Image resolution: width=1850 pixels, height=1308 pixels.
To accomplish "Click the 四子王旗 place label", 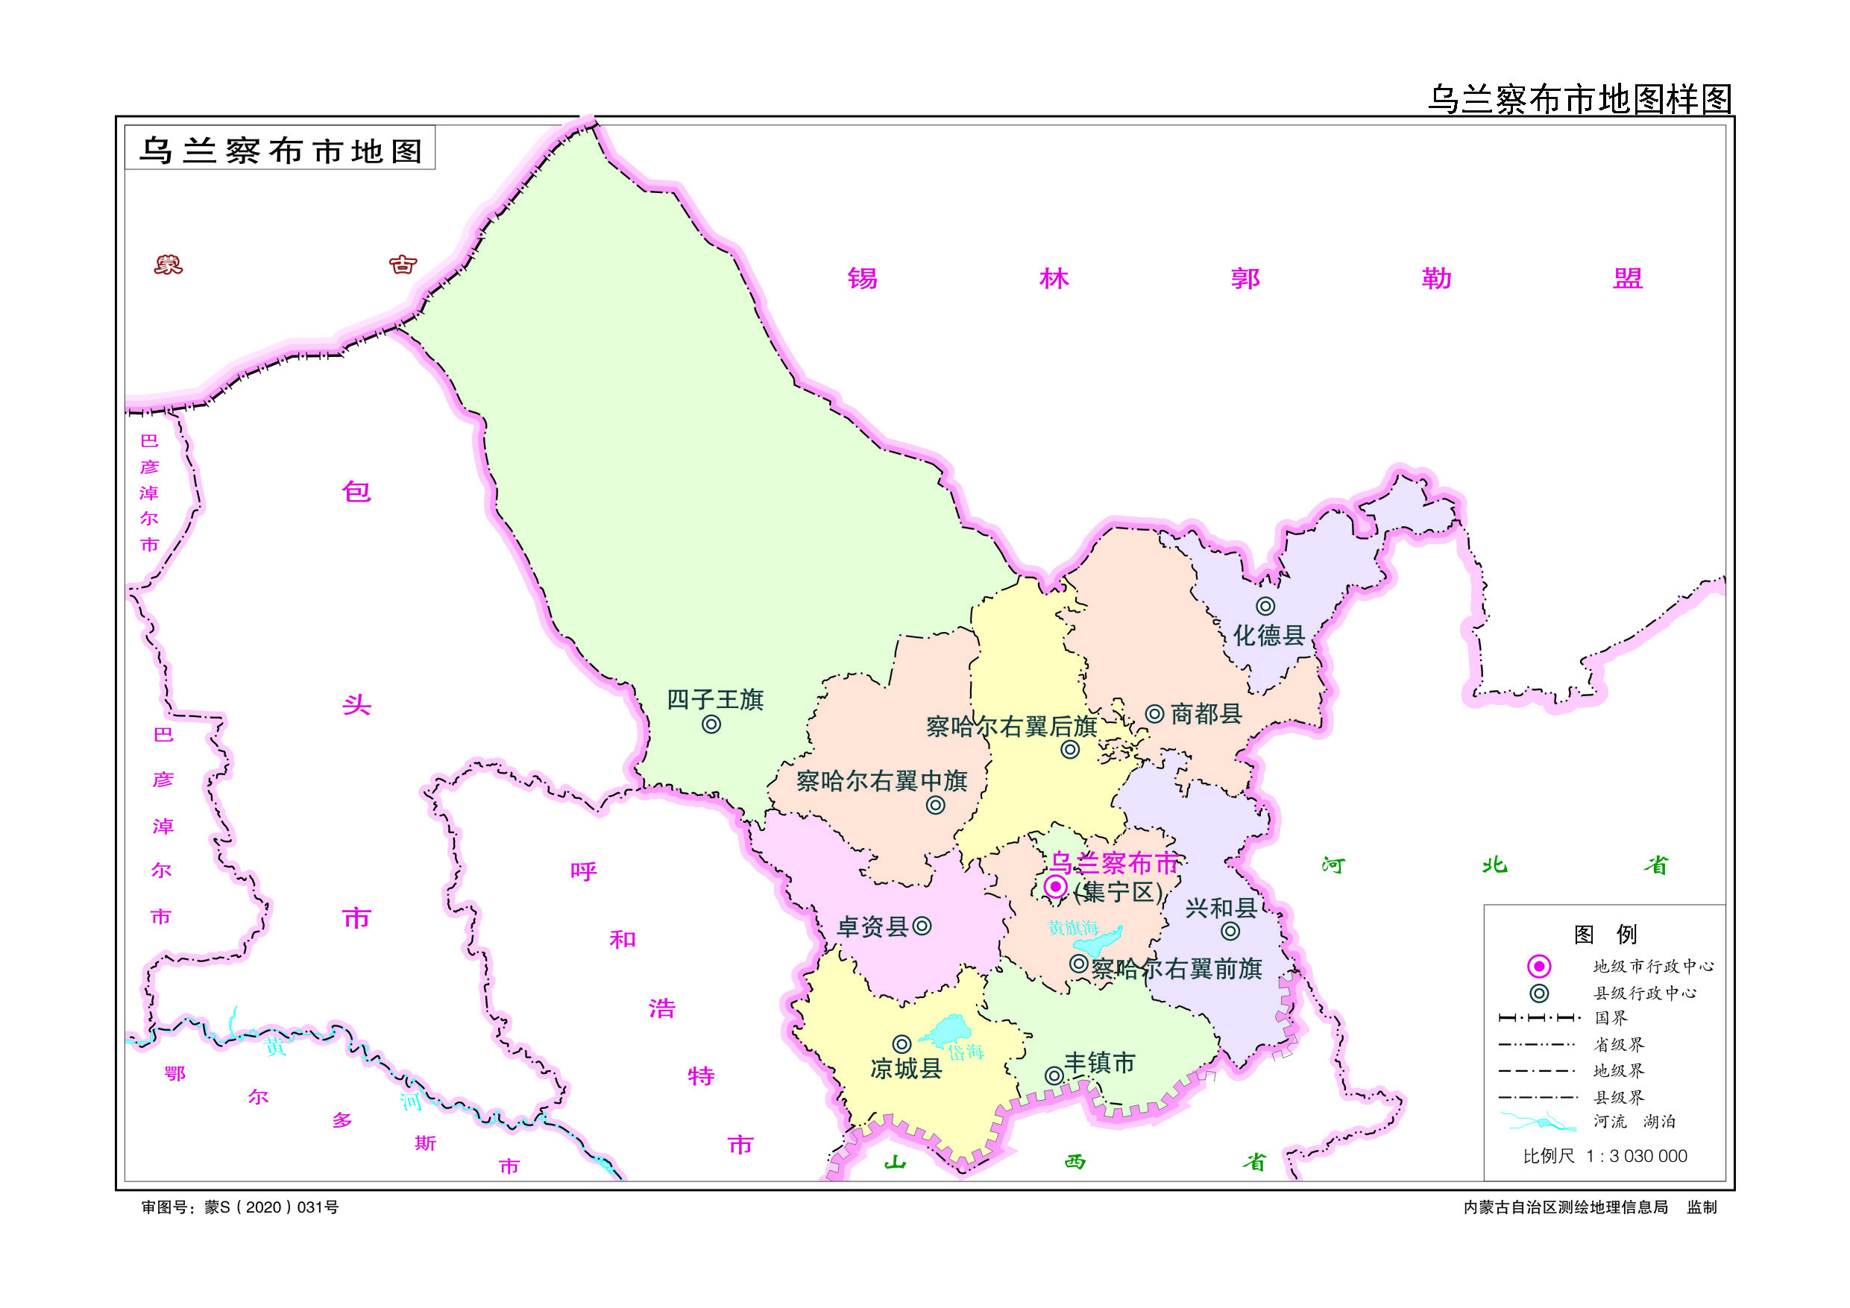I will click(x=714, y=699).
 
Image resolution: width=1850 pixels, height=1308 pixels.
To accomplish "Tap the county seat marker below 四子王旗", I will click(x=711, y=724).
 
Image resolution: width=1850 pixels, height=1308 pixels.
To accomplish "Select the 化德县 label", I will click(x=1269, y=636).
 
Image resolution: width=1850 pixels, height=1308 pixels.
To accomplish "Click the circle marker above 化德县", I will click(x=1265, y=606).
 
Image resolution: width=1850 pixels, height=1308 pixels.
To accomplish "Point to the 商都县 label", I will click(x=1206, y=713).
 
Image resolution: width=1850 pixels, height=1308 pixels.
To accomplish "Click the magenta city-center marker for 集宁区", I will click(x=1056, y=887).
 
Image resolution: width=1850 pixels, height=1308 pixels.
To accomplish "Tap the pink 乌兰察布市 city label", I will click(x=1113, y=863).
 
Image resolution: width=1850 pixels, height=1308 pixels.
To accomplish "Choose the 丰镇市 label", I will click(x=1100, y=1063).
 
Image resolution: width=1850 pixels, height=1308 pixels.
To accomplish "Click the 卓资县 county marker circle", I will click(x=922, y=926).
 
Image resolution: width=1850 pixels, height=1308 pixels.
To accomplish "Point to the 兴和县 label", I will click(x=1221, y=909).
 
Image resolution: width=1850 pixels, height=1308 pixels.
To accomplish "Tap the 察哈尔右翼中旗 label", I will click(x=881, y=780).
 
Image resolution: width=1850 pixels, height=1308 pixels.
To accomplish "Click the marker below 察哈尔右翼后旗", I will click(x=1070, y=750).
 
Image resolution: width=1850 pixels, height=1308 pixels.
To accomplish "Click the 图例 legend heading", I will click(x=1605, y=935).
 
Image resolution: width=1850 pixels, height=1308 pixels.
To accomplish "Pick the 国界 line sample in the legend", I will click(x=1539, y=1018).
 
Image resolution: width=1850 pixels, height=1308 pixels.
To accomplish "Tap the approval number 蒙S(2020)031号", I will click(x=271, y=1207).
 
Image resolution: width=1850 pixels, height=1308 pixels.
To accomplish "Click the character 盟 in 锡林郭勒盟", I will click(x=1628, y=279).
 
